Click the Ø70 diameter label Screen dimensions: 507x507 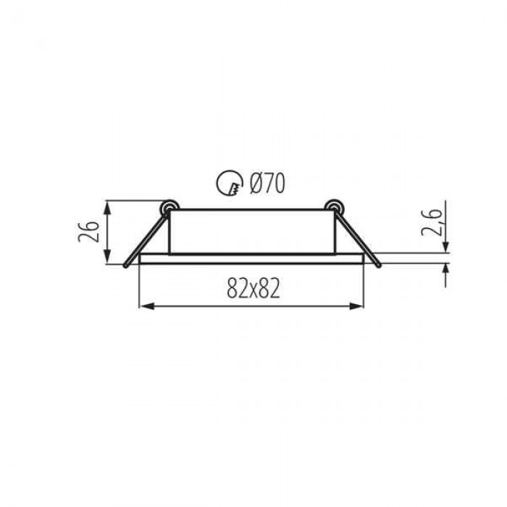[267, 183]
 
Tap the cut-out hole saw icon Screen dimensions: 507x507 [230, 183]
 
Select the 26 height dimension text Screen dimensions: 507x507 [88, 232]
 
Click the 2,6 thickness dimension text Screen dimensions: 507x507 [432, 222]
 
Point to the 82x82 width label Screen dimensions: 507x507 [253, 288]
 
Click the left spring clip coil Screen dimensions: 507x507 [169, 208]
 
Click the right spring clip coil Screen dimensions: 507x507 [335, 208]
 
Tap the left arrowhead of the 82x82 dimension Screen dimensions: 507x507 [146, 306]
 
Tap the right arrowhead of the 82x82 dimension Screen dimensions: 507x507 [357, 306]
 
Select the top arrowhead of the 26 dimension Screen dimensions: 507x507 [108, 208]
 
